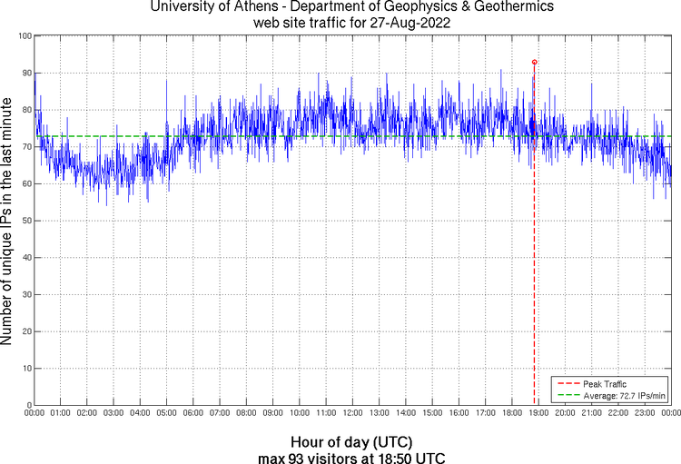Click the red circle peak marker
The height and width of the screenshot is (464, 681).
click(x=534, y=62)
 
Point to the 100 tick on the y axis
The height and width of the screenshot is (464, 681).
click(x=25, y=35)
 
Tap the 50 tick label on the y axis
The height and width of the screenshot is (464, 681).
click(x=25, y=221)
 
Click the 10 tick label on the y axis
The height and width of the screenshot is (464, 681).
click(x=25, y=369)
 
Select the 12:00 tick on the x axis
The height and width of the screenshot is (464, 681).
click(x=353, y=413)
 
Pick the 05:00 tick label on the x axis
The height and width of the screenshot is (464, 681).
click(x=167, y=413)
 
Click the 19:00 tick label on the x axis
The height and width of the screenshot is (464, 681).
click(x=538, y=413)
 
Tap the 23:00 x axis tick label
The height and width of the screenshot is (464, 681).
click(x=645, y=413)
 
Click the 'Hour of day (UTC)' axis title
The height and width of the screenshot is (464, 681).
click(x=340, y=442)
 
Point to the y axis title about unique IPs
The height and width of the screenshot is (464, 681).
click(x=8, y=220)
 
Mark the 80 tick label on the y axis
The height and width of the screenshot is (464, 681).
click(x=25, y=110)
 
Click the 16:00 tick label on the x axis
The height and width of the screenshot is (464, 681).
click(x=459, y=413)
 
